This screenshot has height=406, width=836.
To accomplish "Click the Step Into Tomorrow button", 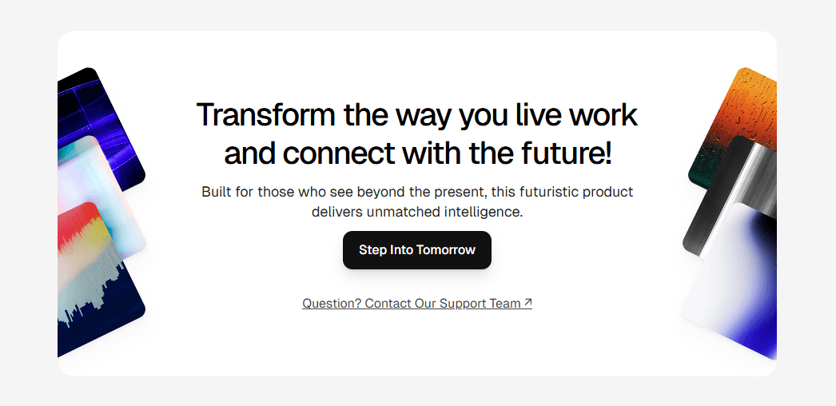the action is click(x=417, y=250).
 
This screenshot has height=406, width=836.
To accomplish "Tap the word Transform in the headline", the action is click(x=266, y=114).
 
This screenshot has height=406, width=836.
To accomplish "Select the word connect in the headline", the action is click(x=339, y=153).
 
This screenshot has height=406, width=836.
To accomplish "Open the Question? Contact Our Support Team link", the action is click(x=417, y=303).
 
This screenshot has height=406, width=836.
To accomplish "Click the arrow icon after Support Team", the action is click(x=527, y=303).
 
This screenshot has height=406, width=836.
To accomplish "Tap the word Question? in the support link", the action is click(x=332, y=303).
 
